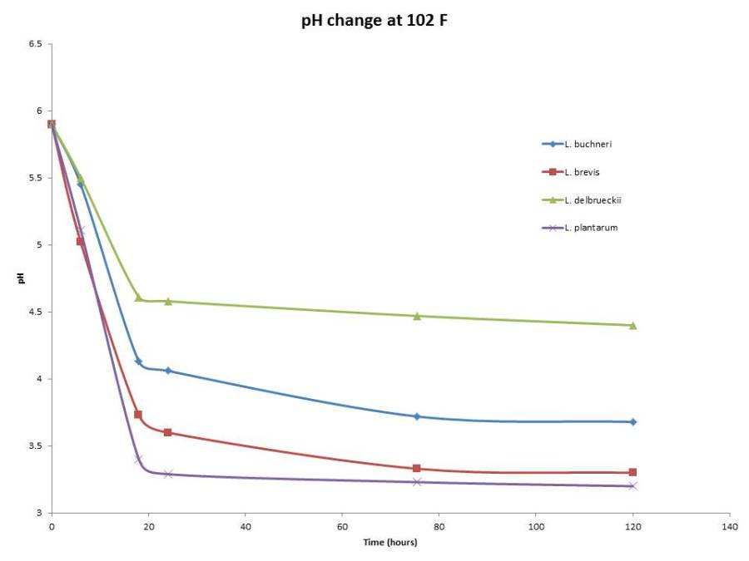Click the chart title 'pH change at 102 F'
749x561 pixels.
374,21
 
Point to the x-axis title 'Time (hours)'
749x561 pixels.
389,543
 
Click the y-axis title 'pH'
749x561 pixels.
22,278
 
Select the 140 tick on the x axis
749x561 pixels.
729,527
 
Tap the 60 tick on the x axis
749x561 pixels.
342,527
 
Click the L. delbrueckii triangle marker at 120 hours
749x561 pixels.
632,325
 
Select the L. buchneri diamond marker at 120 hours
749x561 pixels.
632,422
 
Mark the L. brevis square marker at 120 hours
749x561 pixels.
632,472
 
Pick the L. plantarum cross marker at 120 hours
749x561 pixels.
632,486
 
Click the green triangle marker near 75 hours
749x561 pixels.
417,316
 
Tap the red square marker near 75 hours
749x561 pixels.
417,469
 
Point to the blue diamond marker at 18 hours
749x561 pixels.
138,362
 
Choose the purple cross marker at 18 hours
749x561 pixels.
138,460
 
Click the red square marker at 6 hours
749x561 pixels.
81,241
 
